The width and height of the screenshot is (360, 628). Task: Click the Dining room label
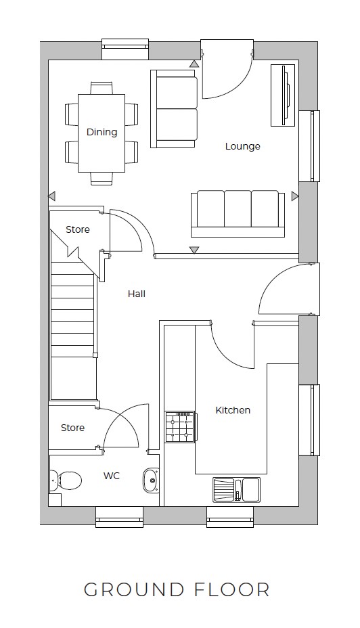(102, 132)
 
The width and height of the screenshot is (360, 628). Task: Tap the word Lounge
(242, 146)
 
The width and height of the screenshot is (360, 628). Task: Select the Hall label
(137, 294)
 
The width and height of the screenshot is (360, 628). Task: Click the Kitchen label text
(233, 410)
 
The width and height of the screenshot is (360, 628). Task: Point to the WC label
(112, 476)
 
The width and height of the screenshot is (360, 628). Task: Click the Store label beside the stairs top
(77, 229)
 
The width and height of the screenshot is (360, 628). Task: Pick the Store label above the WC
(72, 428)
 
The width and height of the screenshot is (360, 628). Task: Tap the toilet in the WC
(66, 480)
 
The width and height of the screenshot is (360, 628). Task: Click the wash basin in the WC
(150, 480)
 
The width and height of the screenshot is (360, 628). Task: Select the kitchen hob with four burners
(180, 428)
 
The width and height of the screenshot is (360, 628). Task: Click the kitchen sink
(236, 489)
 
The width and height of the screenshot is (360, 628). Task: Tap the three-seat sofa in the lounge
(238, 211)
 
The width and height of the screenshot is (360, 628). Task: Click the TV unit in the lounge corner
(283, 95)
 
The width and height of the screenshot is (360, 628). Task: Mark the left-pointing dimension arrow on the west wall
(51, 196)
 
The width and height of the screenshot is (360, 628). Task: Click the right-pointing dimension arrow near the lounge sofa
(294, 196)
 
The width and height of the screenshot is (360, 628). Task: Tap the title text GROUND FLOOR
(177, 589)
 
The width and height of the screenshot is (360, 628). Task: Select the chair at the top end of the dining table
(102, 87)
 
